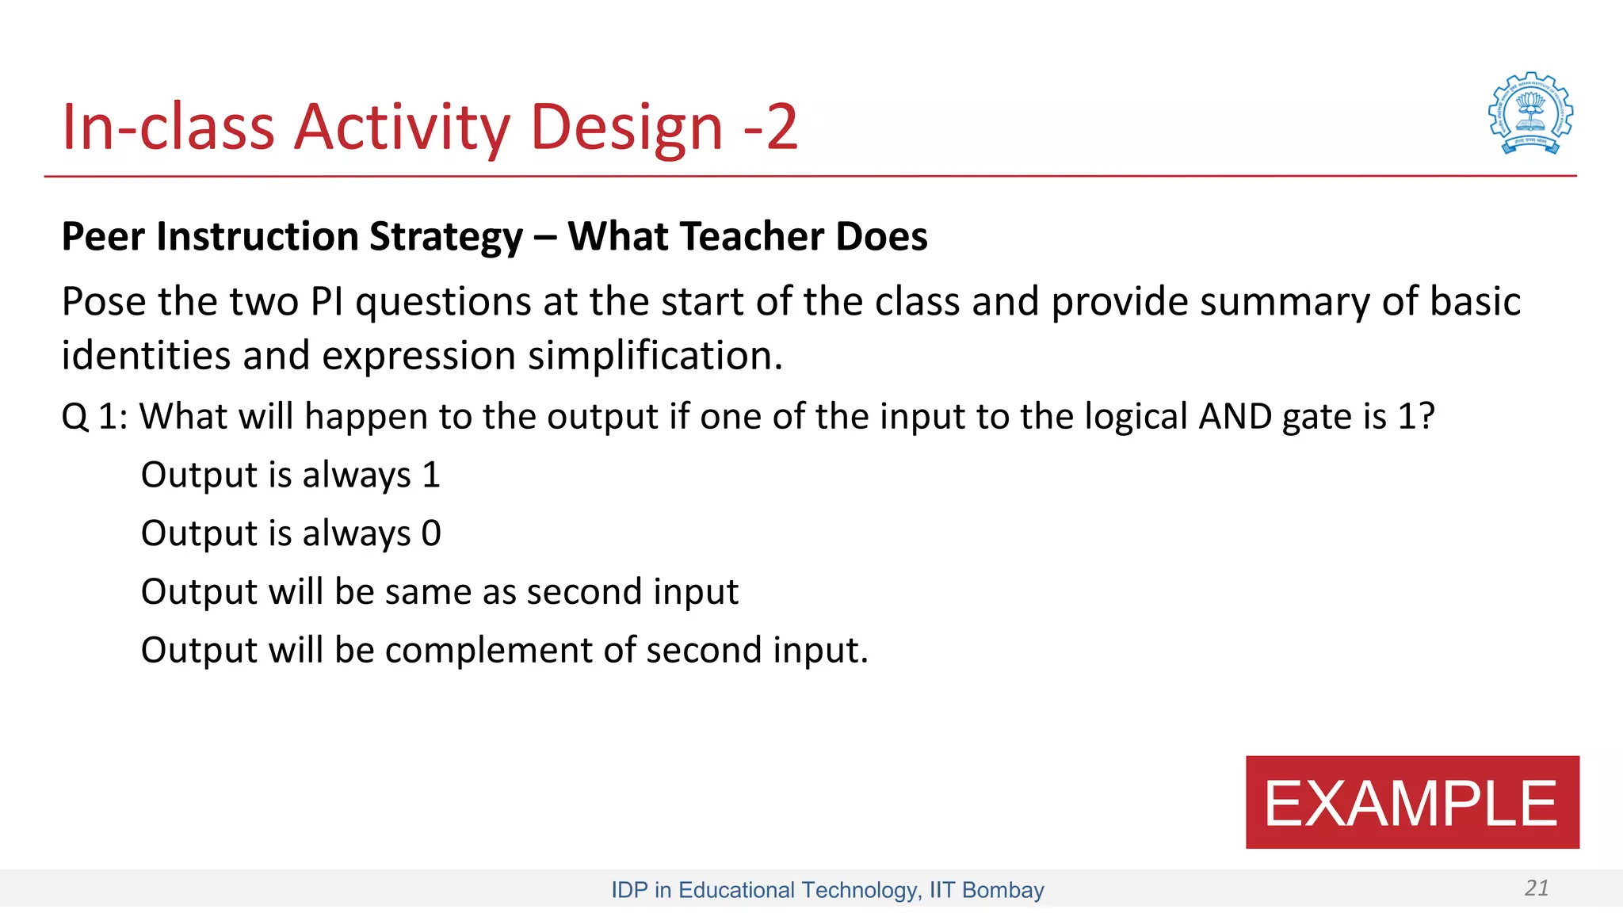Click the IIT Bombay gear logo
click(x=1530, y=113)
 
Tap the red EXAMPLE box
click(x=1411, y=802)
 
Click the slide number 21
click(x=1536, y=888)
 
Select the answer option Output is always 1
click(x=290, y=475)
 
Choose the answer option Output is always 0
click(x=290, y=533)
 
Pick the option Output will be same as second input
click(x=439, y=592)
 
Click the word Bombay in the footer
click(x=1002, y=890)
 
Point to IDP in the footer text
click(x=629, y=890)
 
